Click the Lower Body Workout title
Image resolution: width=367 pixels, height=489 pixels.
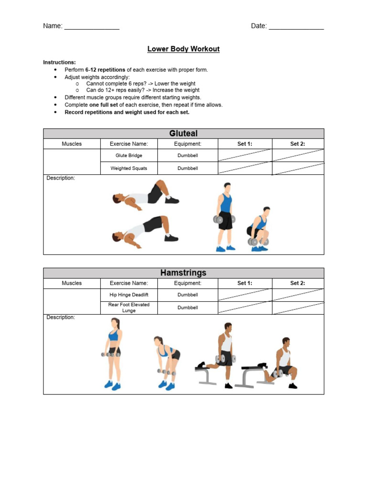click(183, 49)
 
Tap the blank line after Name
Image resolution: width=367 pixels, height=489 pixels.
click(92, 27)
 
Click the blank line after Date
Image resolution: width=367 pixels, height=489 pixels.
click(296, 27)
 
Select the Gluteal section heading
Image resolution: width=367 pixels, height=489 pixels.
click(183, 134)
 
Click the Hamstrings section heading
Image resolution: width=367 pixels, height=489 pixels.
click(183, 273)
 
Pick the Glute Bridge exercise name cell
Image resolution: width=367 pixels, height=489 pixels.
click(129, 156)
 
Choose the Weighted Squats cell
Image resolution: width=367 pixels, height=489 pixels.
click(129, 169)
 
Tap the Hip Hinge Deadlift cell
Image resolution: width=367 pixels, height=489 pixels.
click(129, 295)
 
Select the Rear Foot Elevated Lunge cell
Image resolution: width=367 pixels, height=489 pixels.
click(129, 308)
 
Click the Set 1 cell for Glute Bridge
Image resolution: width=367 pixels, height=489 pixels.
click(245, 156)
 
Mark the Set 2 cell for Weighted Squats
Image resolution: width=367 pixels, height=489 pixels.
click(298, 169)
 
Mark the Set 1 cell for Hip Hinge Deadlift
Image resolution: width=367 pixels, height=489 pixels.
click(245, 295)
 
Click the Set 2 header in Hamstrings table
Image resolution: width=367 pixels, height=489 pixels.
click(298, 283)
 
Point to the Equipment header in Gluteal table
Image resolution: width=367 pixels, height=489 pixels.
click(188, 144)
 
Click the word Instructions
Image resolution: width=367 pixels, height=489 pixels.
click(59, 63)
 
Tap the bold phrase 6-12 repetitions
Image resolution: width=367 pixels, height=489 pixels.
click(105, 70)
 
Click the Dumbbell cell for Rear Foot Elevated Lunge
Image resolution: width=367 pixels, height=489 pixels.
click(188, 308)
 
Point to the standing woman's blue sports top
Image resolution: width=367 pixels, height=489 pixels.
click(113, 336)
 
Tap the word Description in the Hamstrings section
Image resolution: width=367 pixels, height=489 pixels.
click(61, 318)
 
